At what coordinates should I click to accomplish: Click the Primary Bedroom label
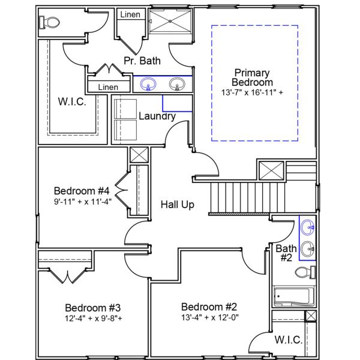coord(253,77)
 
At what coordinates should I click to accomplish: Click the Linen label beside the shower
coord(130,14)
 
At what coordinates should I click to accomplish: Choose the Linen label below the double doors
coord(108,87)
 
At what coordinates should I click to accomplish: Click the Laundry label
coord(157,116)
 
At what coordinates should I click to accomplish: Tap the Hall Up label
coord(178,205)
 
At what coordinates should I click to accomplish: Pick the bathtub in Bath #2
coord(292,296)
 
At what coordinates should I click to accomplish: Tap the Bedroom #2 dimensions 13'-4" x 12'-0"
coord(209,317)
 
